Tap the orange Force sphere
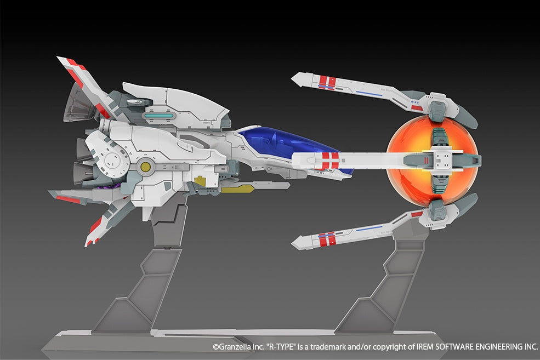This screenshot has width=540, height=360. pos(432,161)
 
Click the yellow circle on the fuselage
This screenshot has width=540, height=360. pos(146,167)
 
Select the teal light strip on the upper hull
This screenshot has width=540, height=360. pos(159,116)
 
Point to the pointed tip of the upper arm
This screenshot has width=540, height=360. pos(292,79)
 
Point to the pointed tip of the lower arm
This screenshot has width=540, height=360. pos(292,244)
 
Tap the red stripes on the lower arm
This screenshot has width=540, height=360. pos(327,239)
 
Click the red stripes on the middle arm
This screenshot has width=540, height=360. pos(330,161)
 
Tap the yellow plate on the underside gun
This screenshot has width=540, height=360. pos(237,188)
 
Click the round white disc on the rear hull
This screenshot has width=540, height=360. pos(112,160)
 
